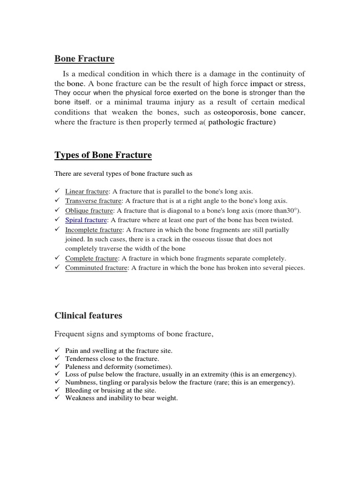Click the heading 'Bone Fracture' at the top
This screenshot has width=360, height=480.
pyautogui.click(x=84, y=59)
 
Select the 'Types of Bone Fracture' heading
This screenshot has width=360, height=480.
pyautogui.click(x=103, y=155)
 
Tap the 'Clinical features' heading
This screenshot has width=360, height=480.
pyautogui.click(x=88, y=315)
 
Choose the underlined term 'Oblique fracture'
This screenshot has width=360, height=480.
pyautogui.click(x=89, y=210)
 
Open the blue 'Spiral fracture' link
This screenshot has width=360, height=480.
pyautogui.click(x=86, y=220)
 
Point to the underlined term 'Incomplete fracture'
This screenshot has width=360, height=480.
pyautogui.click(x=94, y=230)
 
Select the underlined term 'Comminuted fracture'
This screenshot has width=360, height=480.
pyautogui.click(x=96, y=268)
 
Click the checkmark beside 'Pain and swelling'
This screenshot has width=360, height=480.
pyautogui.click(x=57, y=350)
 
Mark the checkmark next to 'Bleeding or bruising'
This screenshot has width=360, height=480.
pyautogui.click(x=57, y=390)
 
